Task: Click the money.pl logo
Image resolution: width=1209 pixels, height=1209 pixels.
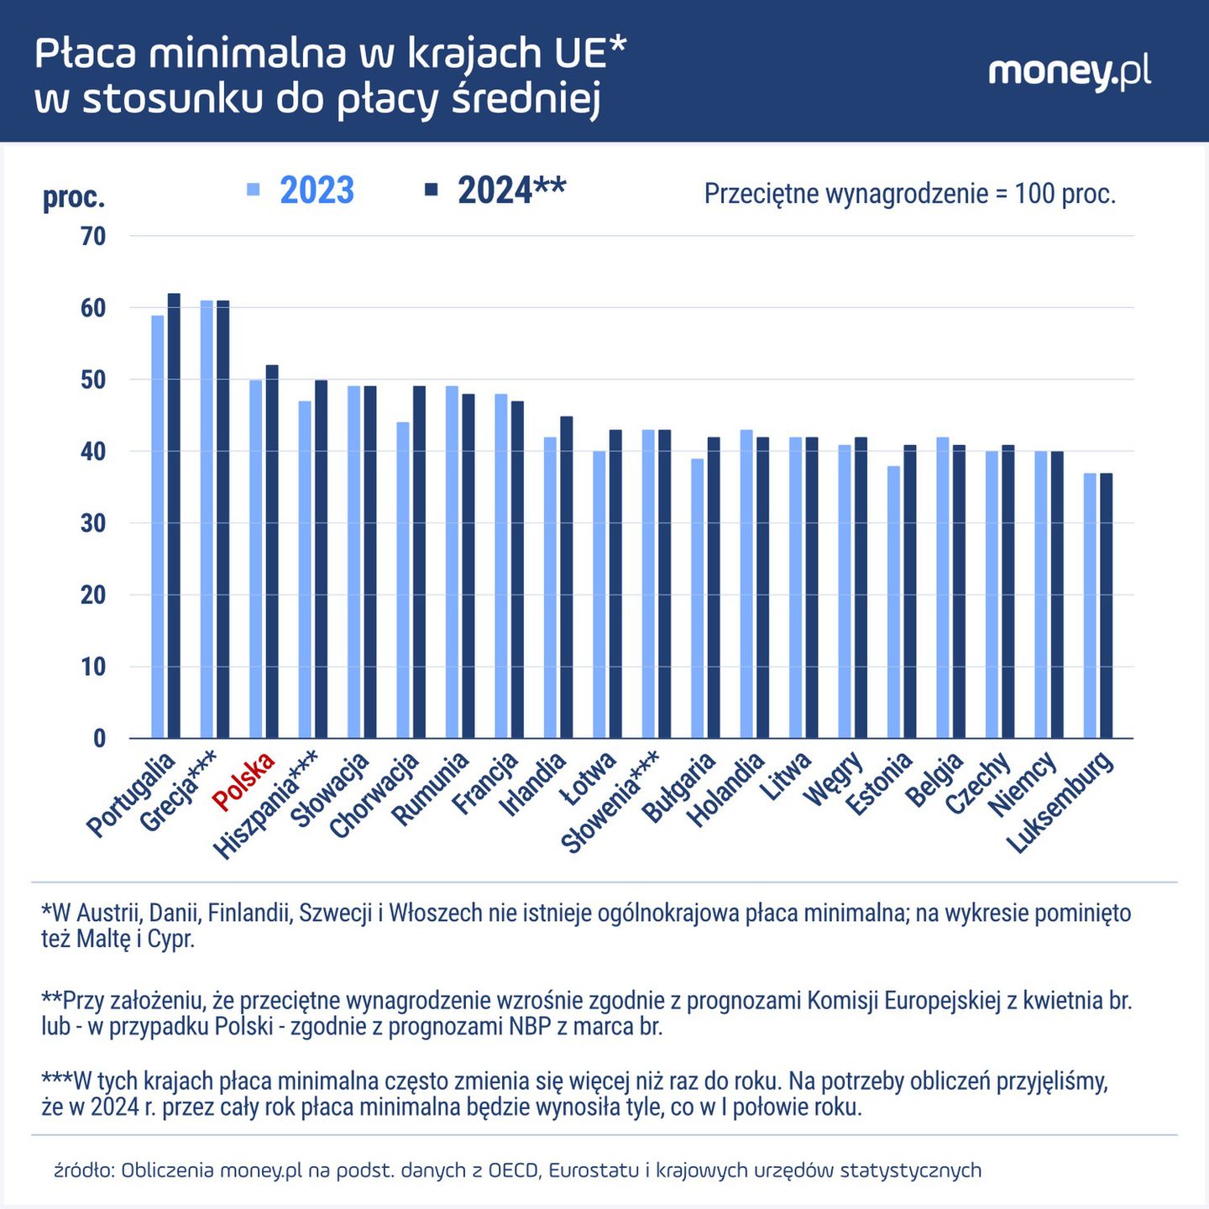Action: tap(1069, 73)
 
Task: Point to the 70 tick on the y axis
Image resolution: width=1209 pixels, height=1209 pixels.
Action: tap(93, 237)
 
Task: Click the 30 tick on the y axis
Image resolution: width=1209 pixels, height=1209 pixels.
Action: tap(93, 523)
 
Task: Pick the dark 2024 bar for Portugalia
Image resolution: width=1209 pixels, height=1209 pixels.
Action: tap(174, 516)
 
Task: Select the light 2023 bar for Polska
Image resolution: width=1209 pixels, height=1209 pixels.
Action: tap(255, 558)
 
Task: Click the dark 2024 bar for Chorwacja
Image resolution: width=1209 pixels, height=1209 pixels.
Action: tap(419, 562)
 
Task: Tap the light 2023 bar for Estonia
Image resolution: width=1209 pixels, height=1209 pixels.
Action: tap(893, 602)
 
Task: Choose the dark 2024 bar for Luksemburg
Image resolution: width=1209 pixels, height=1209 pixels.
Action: tap(1106, 605)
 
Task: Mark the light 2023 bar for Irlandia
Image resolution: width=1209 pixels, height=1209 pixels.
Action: tap(550, 588)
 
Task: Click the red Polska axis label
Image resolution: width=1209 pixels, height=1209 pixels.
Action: tap(244, 782)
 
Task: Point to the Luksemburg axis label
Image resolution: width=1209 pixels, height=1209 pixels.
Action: tap(1061, 802)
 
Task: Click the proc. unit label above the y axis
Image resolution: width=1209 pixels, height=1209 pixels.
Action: tap(74, 198)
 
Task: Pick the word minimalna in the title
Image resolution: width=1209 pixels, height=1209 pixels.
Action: tap(249, 53)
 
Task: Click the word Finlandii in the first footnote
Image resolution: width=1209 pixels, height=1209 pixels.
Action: tap(249, 913)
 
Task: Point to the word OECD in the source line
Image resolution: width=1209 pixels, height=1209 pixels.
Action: tap(512, 1170)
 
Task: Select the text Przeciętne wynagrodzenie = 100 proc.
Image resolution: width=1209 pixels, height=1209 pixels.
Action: tap(909, 194)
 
